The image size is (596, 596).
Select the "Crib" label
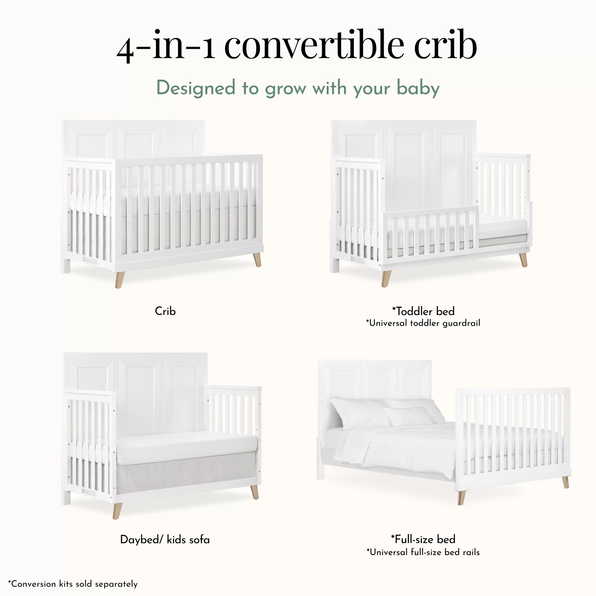[x=165, y=311]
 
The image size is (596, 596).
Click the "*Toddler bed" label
[x=423, y=311]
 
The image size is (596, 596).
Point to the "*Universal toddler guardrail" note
[x=423, y=323]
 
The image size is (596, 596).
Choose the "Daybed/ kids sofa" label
[x=165, y=540]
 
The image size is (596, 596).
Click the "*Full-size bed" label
[x=423, y=539]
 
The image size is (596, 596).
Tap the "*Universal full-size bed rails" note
[x=423, y=552]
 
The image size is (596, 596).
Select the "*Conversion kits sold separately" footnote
[x=73, y=584]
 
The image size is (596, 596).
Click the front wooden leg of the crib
[x=119, y=279]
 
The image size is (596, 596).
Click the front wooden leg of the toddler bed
[x=386, y=279]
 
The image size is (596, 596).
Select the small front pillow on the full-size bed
[x=408, y=416]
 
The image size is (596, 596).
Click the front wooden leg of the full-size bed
[x=461, y=497]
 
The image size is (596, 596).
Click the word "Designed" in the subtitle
[x=196, y=88]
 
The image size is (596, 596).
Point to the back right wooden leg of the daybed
[x=254, y=492]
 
